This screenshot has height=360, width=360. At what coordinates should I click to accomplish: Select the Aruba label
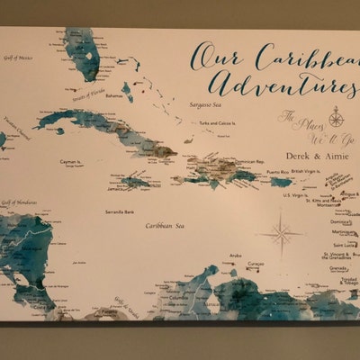[x=236, y=256]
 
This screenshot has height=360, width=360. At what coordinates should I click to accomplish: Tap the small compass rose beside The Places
[x=335, y=116]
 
